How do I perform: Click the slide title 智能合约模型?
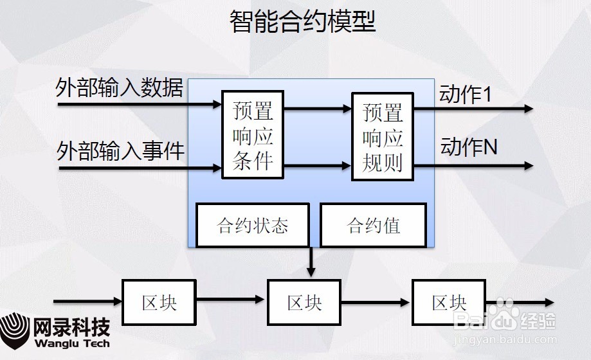[302, 22]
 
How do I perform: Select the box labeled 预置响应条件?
[253, 135]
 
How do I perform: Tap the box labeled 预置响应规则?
[382, 136]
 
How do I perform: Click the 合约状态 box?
[253, 226]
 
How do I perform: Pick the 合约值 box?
[373, 226]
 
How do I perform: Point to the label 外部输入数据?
[120, 89]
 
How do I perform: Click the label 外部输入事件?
[120, 152]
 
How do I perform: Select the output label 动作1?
[466, 94]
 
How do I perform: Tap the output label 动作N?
[469, 147]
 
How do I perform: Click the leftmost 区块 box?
[159, 302]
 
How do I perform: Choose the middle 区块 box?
[304, 302]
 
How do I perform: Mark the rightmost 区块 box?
[449, 302]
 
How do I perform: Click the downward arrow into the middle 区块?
[311, 264]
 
